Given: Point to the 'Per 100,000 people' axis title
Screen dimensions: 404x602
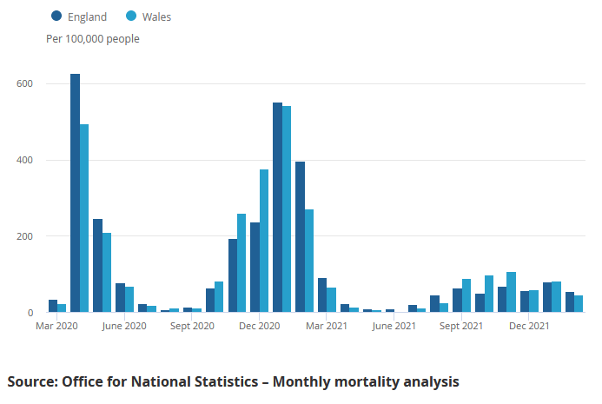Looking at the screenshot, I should (92, 39).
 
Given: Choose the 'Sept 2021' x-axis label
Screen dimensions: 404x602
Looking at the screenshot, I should (461, 326).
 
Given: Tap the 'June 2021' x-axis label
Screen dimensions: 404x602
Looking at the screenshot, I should (394, 326).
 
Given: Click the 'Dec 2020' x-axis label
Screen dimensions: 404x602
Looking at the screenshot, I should (259, 326).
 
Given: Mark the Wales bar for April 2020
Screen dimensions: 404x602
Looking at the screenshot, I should (84, 218).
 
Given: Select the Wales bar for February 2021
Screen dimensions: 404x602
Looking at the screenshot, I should (309, 261).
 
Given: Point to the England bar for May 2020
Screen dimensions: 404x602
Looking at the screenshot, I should (98, 266).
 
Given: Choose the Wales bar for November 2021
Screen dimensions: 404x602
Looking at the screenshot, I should (512, 292).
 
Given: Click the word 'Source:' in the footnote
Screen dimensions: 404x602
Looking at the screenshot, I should (34, 381).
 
